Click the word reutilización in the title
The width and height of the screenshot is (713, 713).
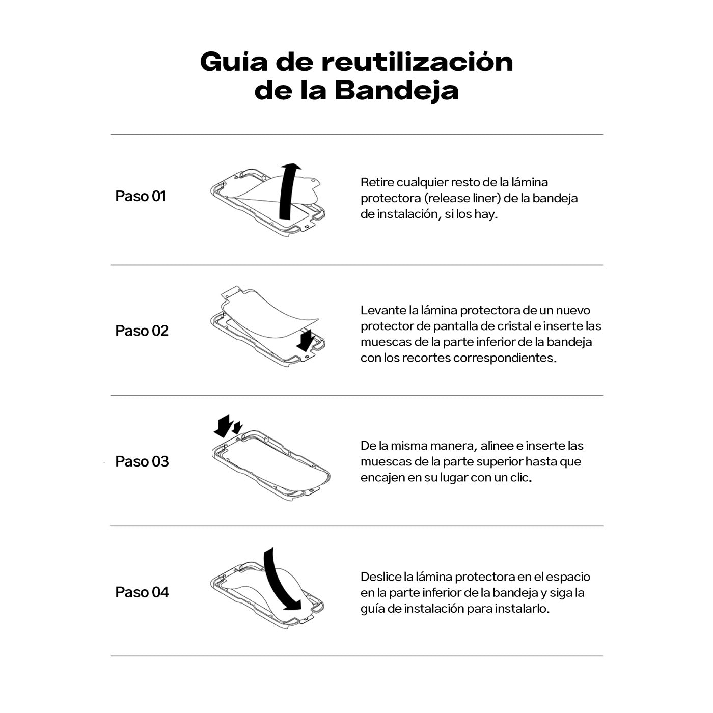[x=417, y=62]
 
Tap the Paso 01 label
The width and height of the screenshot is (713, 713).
[x=141, y=196]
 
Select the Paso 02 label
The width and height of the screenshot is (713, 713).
[x=142, y=331]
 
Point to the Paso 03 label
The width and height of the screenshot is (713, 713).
[x=142, y=461]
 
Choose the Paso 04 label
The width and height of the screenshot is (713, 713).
[x=142, y=592]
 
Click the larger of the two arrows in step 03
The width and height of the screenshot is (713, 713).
[x=223, y=426]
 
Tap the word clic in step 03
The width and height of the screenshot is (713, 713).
[x=519, y=478]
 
